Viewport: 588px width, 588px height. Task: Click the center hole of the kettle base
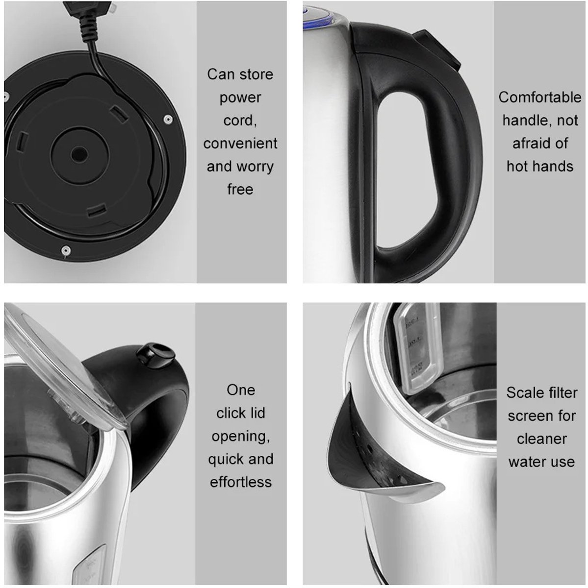pos(80,154)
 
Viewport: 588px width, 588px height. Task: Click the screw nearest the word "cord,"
pos(168,119)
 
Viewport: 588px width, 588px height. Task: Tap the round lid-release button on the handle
pos(155,354)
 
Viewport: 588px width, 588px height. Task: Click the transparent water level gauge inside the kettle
pos(417,349)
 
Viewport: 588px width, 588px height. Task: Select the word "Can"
pos(218,74)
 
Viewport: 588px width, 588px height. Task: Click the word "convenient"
pos(240,143)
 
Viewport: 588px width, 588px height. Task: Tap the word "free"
pos(240,189)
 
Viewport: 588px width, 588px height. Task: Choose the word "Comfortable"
pos(540,98)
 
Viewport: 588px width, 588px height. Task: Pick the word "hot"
pos(518,166)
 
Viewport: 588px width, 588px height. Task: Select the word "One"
pos(241,390)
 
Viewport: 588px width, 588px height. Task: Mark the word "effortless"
pos(241,482)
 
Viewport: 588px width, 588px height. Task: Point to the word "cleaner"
pos(541,439)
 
